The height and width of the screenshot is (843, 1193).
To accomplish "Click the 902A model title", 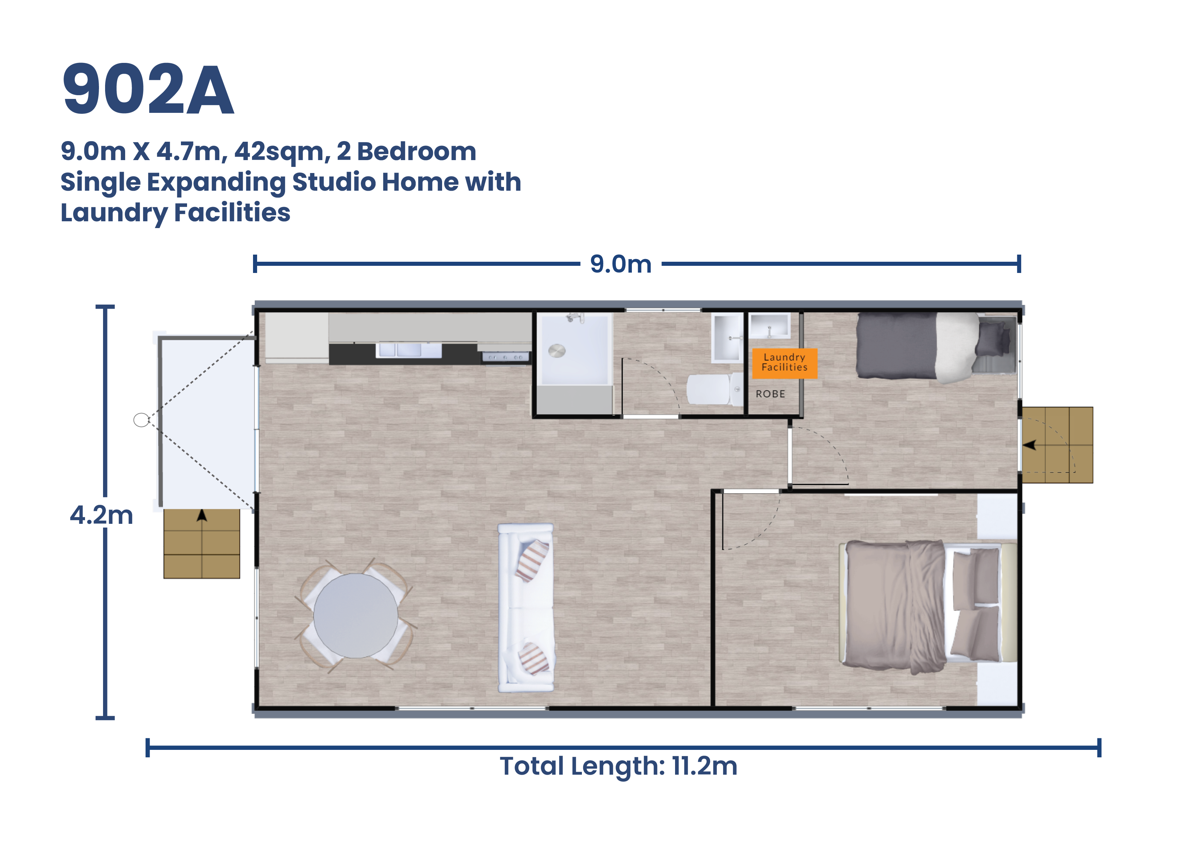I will [x=148, y=89].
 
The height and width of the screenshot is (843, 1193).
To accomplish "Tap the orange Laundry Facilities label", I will [x=784, y=363].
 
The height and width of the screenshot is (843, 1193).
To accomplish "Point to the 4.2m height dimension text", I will [x=102, y=515].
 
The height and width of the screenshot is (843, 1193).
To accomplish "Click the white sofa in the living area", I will [x=525, y=608].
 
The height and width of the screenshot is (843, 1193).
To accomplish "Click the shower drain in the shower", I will [x=556, y=351].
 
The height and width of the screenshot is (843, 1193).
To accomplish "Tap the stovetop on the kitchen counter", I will [x=505, y=357].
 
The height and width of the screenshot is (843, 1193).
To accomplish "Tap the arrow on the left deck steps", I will [x=202, y=515].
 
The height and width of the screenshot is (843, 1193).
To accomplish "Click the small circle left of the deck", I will [x=141, y=420].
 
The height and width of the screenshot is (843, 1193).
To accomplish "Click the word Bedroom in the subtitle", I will [x=416, y=152].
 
